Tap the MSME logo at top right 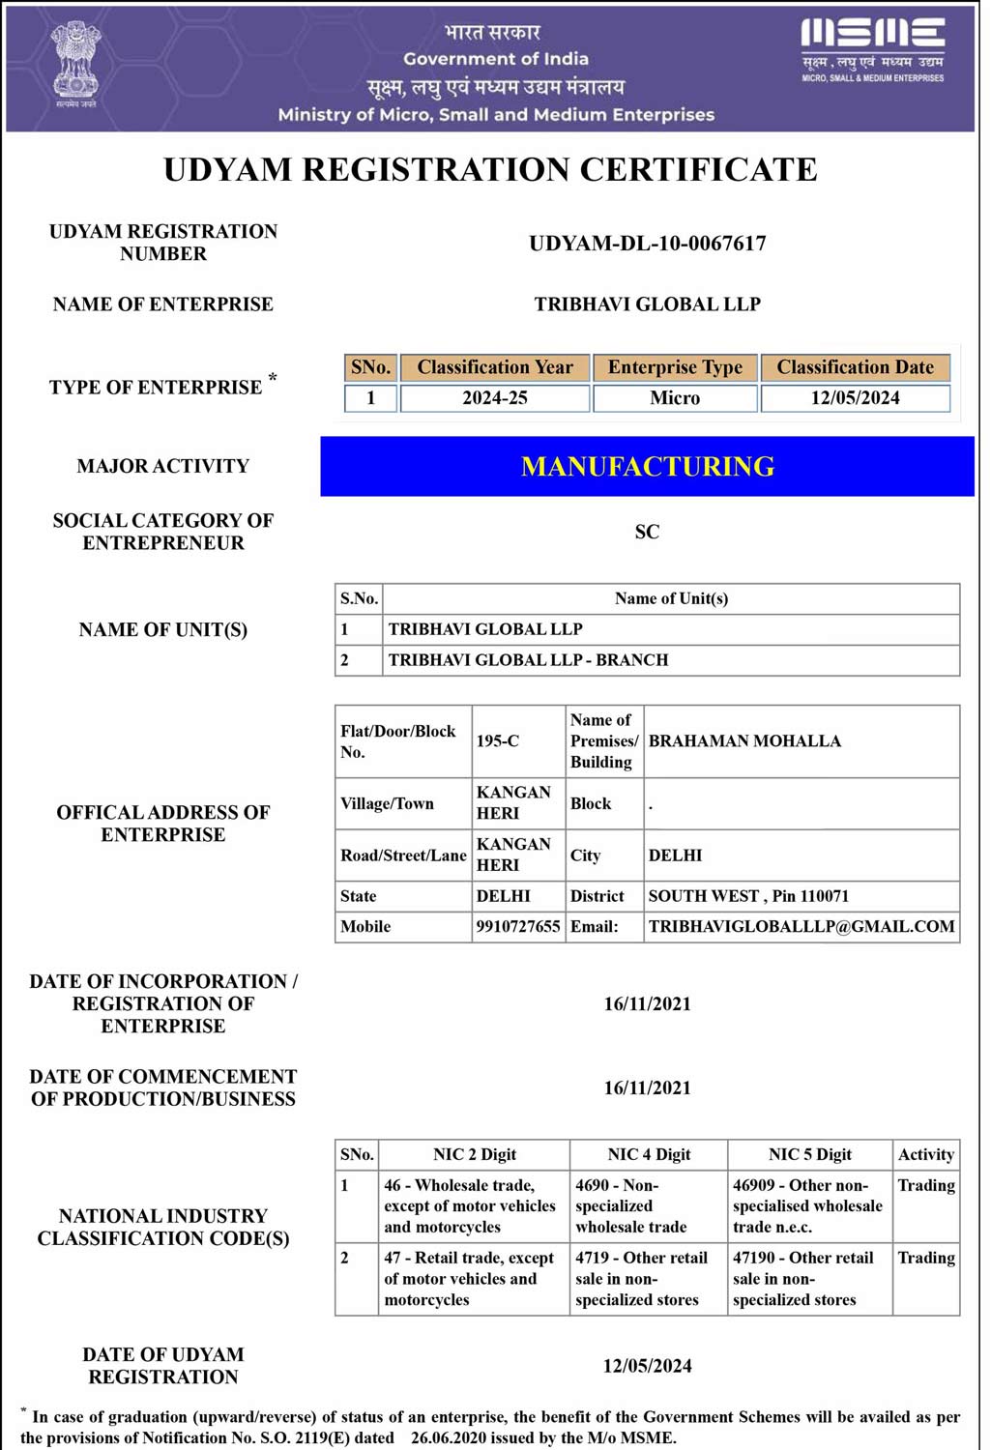click(872, 48)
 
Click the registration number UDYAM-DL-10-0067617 click(647, 244)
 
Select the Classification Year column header click(495, 367)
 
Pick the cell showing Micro click(675, 398)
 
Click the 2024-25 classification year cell click(495, 398)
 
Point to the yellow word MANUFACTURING click(647, 467)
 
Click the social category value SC click(647, 532)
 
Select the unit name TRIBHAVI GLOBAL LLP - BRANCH click(528, 660)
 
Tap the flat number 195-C click(498, 741)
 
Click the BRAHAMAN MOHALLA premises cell click(744, 741)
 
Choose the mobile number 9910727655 click(518, 926)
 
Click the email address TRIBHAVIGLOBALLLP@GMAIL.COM click(802, 926)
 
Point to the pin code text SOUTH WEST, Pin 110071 click(748, 896)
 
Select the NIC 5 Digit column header click(810, 1154)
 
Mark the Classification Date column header click(856, 367)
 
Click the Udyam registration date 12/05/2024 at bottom click(647, 1366)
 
